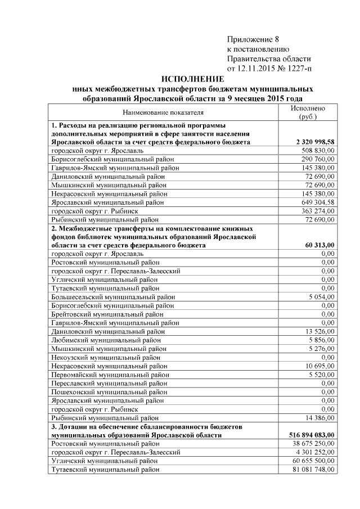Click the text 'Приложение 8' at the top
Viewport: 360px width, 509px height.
[253, 39]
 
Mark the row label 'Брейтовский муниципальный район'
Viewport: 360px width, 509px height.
[104, 314]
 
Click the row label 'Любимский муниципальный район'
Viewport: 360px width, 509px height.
[101, 340]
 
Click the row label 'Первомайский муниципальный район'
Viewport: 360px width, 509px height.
[106, 374]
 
